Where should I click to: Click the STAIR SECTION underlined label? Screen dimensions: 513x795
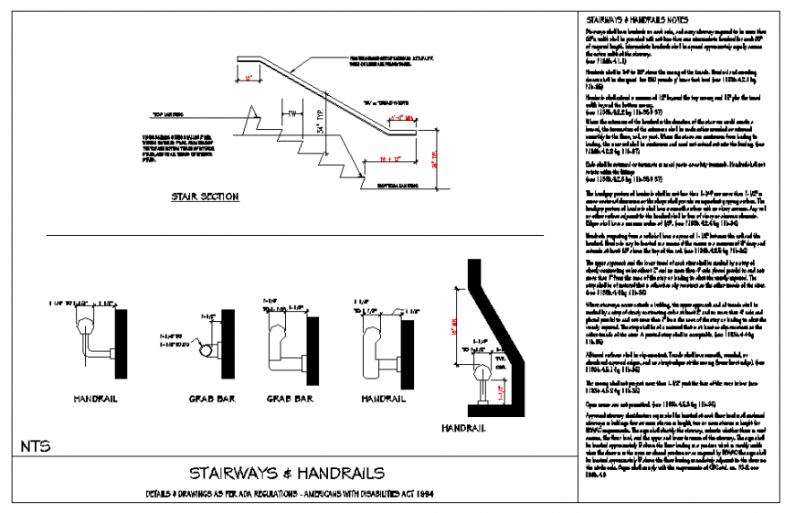205,197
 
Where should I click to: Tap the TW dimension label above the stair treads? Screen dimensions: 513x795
291,114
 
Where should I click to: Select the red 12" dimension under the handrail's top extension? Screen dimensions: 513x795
248,80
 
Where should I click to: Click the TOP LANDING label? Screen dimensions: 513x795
168,115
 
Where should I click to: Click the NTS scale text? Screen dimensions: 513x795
34,446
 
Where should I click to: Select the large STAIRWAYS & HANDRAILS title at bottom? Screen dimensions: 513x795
286,473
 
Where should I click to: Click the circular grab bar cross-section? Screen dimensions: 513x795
208,350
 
